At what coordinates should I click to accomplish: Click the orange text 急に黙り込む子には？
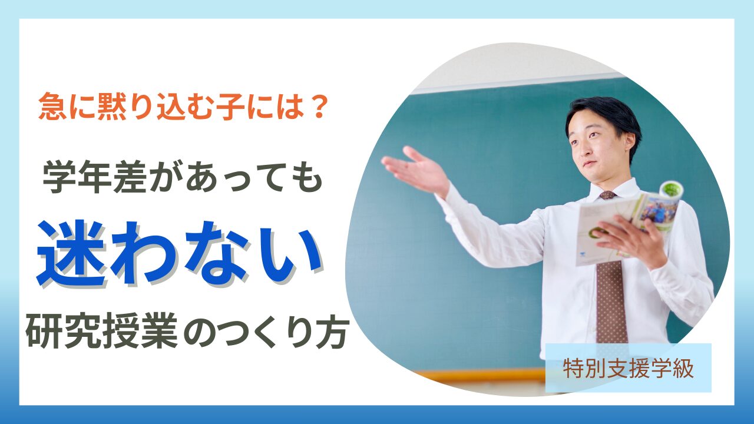pos(183,109)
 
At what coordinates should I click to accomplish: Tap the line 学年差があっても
pos(183,177)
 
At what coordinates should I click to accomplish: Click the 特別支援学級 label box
pos(628,368)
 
